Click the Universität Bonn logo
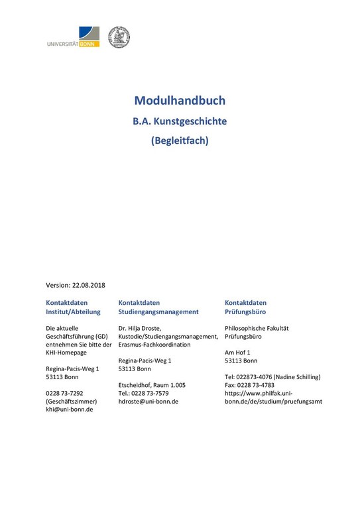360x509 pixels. point(73,37)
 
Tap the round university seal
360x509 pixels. point(119,37)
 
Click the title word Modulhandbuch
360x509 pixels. point(180,101)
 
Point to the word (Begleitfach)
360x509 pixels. point(180,141)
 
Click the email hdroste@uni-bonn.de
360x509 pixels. point(148,401)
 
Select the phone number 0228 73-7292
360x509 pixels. point(64,393)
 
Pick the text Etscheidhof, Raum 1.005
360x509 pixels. point(152,385)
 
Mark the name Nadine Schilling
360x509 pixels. point(296,377)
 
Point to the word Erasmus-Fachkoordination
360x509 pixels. point(154,345)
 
